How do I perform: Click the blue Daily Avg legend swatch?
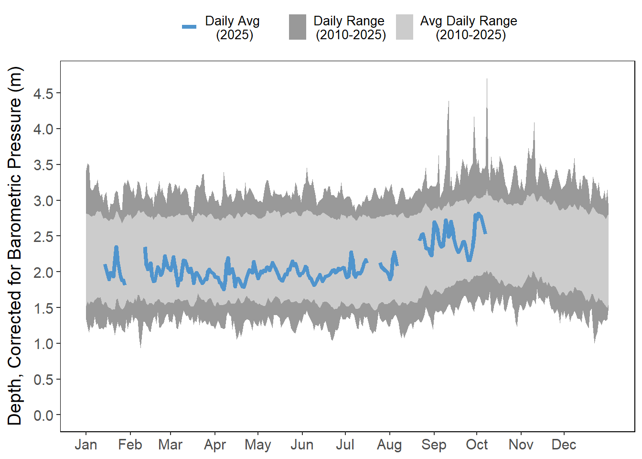[x=189, y=27]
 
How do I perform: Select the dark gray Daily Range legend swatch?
[x=297, y=27]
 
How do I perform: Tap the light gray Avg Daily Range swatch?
[x=404, y=27]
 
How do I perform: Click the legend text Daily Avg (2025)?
[x=233, y=28]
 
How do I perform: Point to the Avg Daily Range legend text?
[x=469, y=28]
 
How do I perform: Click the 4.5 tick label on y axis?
[x=43, y=93]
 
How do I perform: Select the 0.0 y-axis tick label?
[x=43, y=415]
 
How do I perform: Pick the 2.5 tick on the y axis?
[x=43, y=236]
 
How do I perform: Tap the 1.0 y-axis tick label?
[x=43, y=344]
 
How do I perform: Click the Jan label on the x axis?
[x=86, y=445]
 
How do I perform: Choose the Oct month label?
[x=477, y=445]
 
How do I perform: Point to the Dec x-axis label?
[x=564, y=445]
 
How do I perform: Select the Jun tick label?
[x=302, y=445]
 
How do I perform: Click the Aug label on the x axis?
[x=389, y=445]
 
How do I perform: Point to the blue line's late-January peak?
[x=116, y=248]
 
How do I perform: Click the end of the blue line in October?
[x=485, y=233]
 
